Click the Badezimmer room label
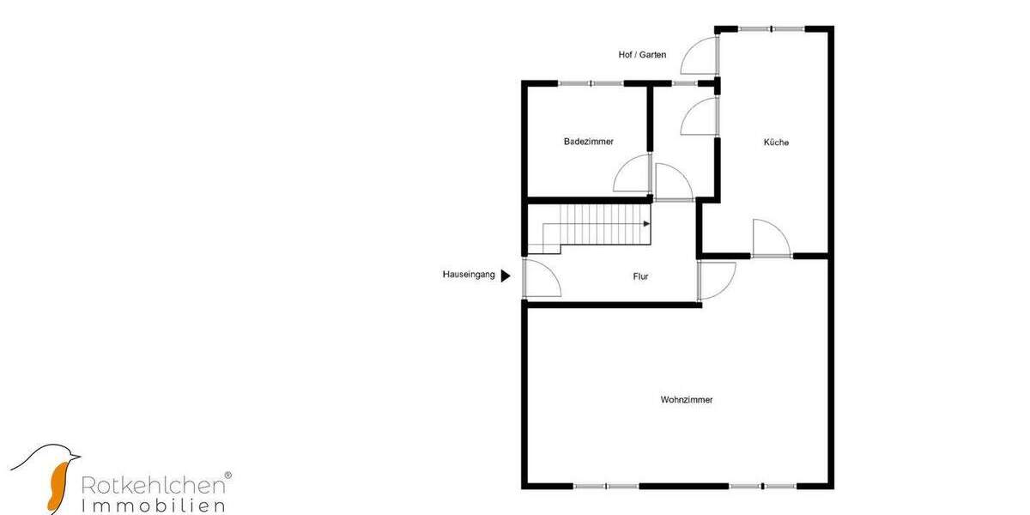[x=589, y=142]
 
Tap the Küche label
[x=776, y=142]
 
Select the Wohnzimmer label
[x=687, y=399]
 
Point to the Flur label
[x=640, y=276]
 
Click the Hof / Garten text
[x=642, y=55]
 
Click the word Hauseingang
[x=469, y=276]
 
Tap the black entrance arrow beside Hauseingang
[x=506, y=276]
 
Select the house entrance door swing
[x=541, y=279]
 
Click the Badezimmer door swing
[x=633, y=174]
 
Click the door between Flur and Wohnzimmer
[x=717, y=280]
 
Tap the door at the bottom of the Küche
[x=771, y=239]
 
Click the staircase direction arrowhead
[x=647, y=223]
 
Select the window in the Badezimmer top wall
[x=591, y=83]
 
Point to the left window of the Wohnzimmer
[x=606, y=486]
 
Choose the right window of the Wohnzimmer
[x=762, y=486]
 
